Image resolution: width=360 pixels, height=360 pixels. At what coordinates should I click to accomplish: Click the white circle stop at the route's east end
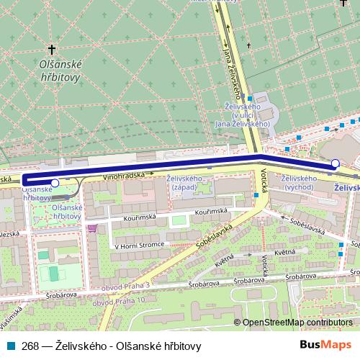pos(335,164)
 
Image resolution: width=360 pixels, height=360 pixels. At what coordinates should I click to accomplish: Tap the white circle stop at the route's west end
pos(55,183)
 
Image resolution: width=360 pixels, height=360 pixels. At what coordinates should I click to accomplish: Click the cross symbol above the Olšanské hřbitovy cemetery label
pos(52,50)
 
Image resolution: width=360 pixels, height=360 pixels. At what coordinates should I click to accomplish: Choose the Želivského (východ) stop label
pos(299,183)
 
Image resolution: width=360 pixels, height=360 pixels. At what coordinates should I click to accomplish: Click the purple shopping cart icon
pos(91,229)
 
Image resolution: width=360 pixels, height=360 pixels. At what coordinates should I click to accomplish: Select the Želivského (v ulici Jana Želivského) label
pos(243,115)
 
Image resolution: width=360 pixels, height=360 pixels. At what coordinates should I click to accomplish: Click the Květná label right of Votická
pos(285,252)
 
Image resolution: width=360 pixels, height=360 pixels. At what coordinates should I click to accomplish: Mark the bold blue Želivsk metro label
pos(348,188)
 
